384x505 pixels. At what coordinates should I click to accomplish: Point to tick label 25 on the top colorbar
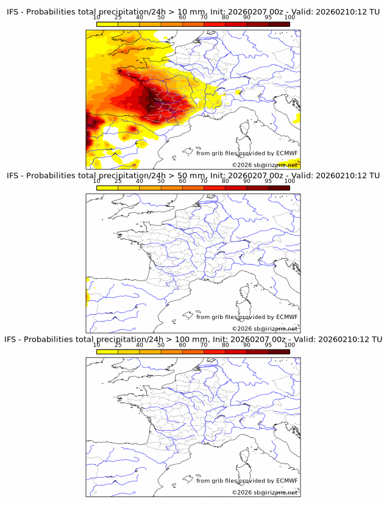pos(118,18)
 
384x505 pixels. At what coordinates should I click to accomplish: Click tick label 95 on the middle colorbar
pos(268,181)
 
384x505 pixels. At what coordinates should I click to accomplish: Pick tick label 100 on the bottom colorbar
pos(290,345)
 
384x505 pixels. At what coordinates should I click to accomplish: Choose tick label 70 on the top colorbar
pos(204,18)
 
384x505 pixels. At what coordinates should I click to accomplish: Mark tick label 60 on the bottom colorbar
pos(182,345)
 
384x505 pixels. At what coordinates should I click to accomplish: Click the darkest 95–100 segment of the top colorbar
pos(279,24)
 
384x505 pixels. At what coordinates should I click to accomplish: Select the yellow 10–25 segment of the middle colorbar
pos(107,188)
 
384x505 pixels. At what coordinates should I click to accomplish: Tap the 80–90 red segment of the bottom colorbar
pos(236,351)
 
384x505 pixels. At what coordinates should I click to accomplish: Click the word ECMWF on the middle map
pos(286,317)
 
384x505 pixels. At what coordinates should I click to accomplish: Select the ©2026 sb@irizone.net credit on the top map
pos(265,165)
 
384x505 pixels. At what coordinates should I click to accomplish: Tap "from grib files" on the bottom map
pos(216,481)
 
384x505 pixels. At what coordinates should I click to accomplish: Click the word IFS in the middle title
pos(13,176)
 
